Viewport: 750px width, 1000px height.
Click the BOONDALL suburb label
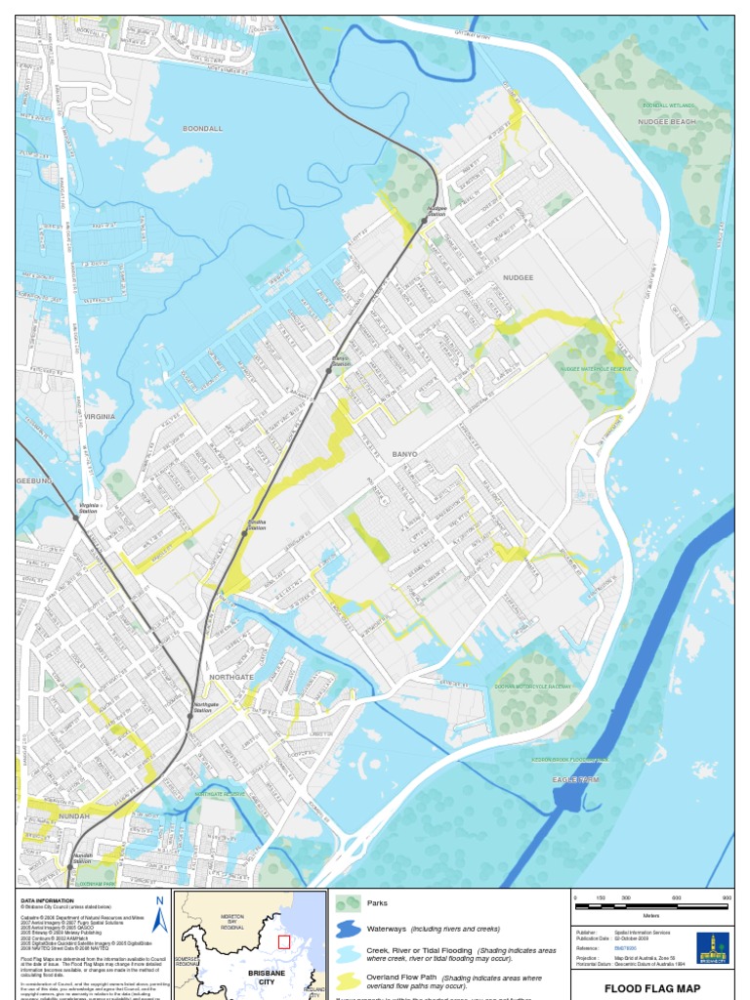pos(202,128)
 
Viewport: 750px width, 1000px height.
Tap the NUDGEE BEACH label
pos(667,122)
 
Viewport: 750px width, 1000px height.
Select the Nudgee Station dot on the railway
pos(424,221)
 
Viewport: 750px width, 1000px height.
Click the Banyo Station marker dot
pos(329,371)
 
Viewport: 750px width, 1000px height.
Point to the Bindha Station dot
pos(244,533)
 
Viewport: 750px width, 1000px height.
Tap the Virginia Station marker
pos(76,517)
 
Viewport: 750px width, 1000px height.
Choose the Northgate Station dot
pos(189,716)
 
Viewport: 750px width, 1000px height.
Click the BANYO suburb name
pos(404,455)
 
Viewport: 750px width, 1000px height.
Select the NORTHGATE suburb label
pos(231,676)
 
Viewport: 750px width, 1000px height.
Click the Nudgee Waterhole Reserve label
pos(596,370)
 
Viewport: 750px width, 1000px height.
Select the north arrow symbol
pos(159,914)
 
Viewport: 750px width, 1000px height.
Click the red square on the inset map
pos(284,941)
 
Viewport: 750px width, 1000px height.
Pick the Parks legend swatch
pos(348,903)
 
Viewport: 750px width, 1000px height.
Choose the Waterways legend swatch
pos(348,928)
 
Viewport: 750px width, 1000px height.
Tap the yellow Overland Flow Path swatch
pos(348,978)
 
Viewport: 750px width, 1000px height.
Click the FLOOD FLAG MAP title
pos(651,988)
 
